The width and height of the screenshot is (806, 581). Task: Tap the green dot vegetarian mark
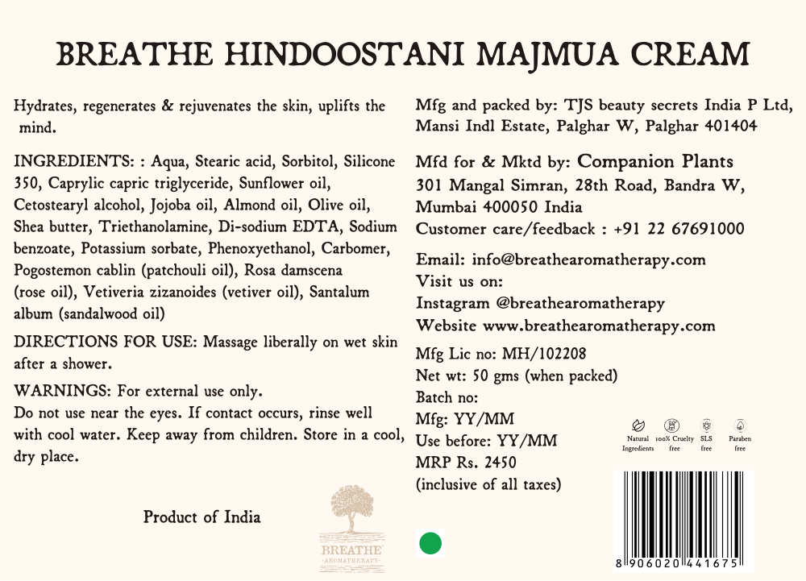(431, 542)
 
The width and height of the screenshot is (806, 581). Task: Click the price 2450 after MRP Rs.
(499, 463)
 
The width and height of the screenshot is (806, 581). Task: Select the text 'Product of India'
(201, 517)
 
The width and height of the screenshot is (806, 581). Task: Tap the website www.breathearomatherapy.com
(599, 326)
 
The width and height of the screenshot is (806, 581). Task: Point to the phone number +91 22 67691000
(679, 229)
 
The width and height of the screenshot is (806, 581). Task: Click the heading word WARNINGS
(63, 392)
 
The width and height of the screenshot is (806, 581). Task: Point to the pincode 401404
(730, 127)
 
